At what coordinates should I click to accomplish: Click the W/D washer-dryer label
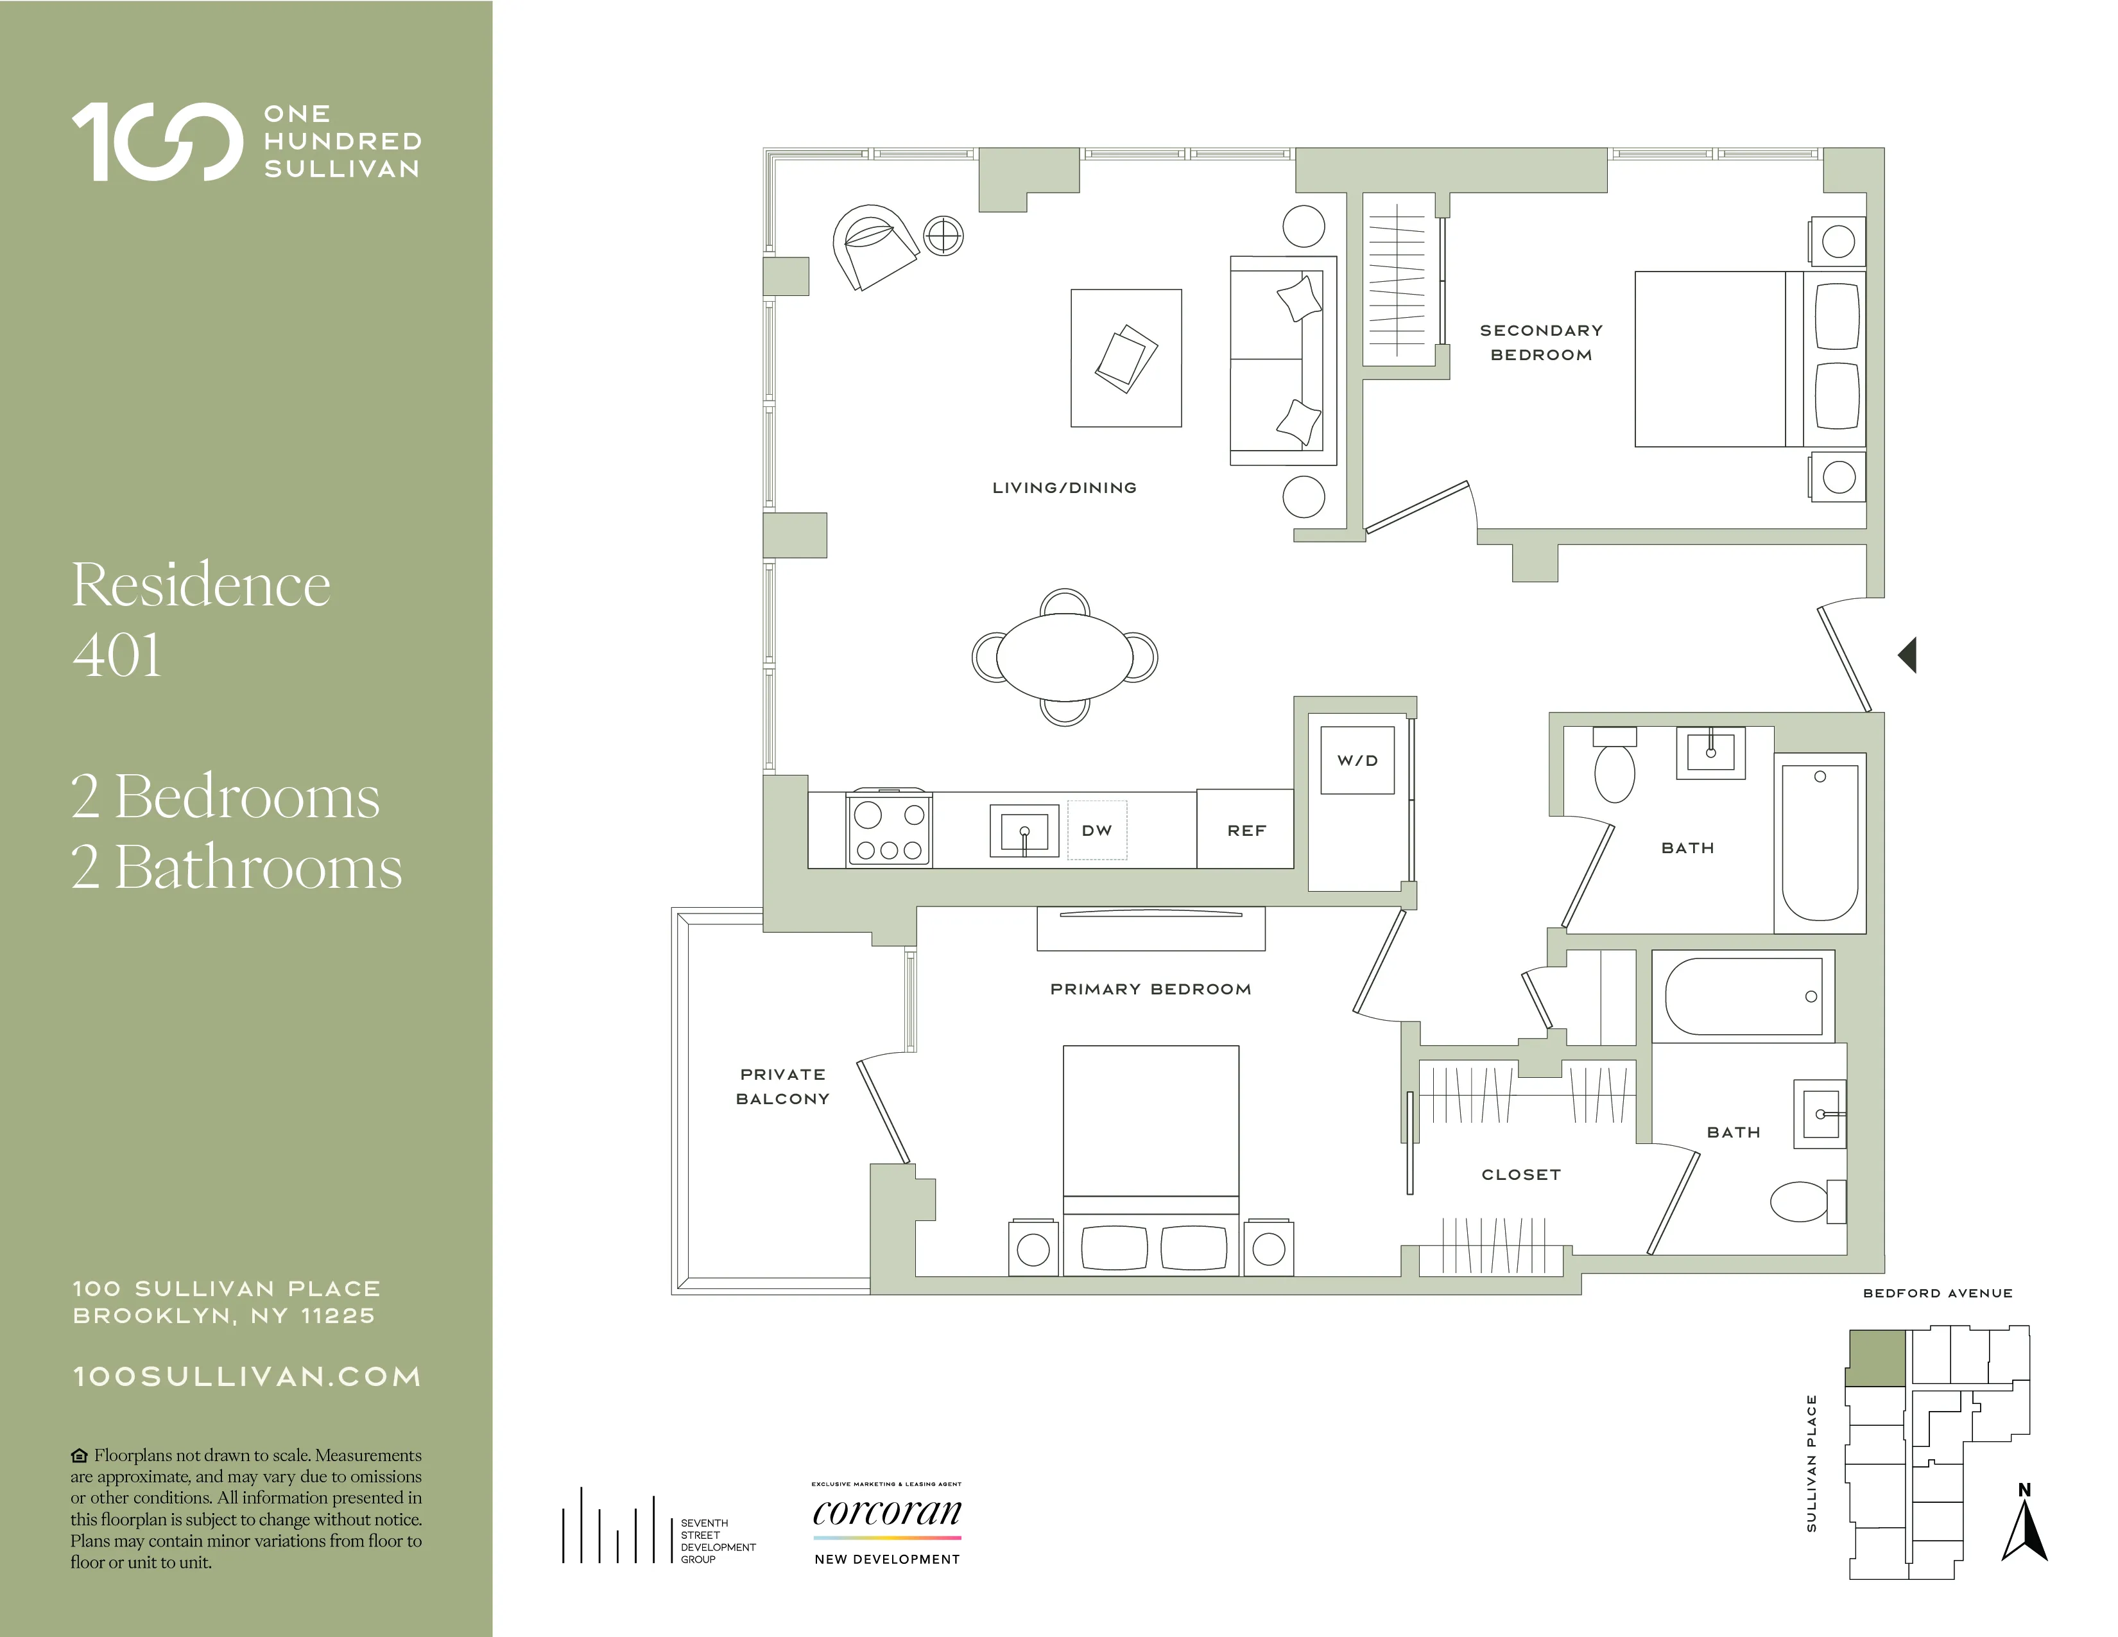click(1357, 760)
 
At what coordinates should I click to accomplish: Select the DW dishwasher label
click(1097, 830)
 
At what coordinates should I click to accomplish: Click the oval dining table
click(1064, 657)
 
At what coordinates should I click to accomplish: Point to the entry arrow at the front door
click(1907, 655)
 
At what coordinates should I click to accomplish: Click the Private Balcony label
click(782, 1086)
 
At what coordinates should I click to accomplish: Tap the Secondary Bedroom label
click(1541, 342)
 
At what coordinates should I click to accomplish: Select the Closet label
click(1520, 1174)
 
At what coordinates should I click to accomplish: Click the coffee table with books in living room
click(1126, 358)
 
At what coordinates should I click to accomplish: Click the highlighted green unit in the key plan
click(1875, 1358)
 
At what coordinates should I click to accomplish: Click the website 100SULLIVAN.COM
click(247, 1377)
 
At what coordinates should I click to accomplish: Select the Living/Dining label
click(1064, 488)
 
